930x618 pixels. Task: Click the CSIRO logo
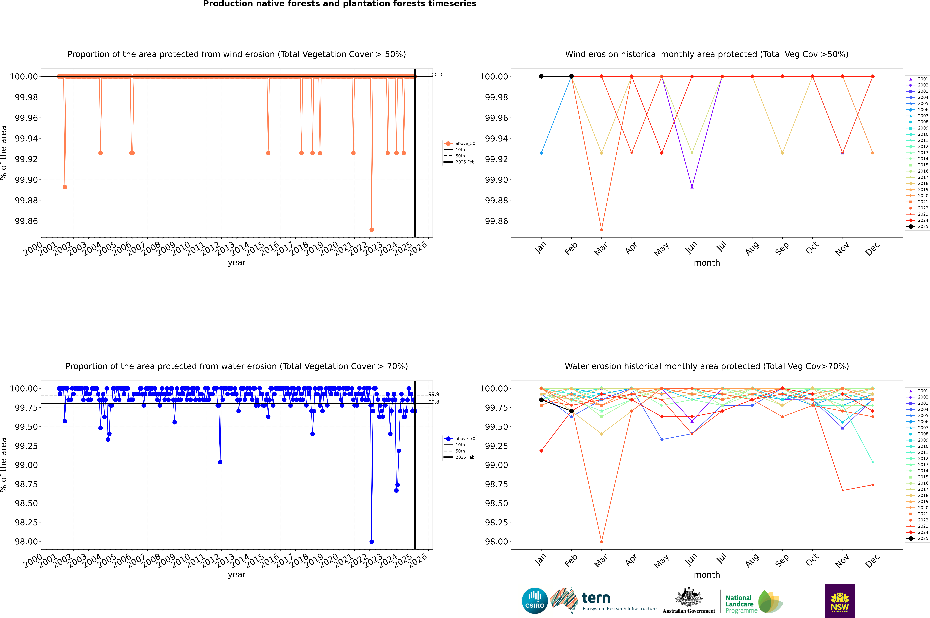[535, 601]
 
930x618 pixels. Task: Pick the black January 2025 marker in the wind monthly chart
[541, 76]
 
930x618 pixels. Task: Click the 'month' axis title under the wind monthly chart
[706, 263]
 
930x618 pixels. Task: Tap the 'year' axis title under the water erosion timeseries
[237, 575]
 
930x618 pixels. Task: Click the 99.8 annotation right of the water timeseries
[434, 402]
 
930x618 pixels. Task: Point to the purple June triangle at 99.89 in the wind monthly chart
[692, 187]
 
